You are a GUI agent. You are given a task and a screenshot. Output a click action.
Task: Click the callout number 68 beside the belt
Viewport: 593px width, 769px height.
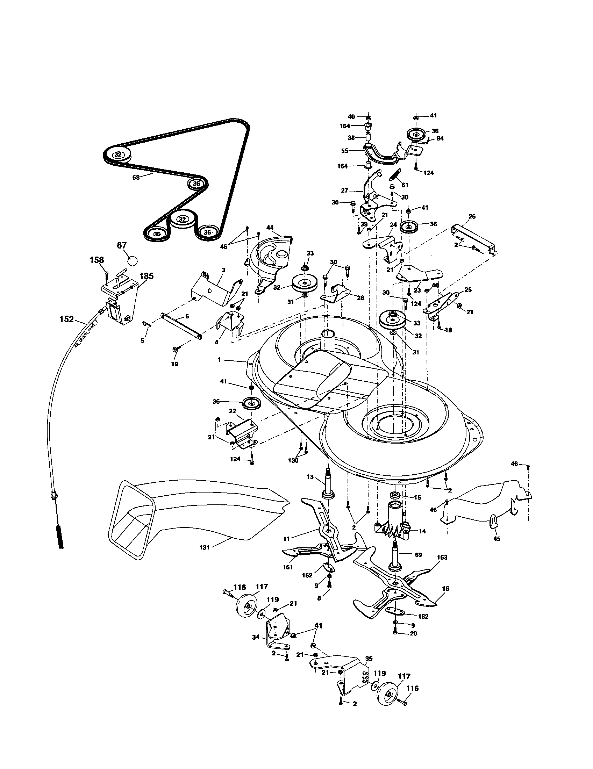click(x=136, y=178)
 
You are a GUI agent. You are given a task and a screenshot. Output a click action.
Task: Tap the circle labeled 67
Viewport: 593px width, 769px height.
click(x=132, y=261)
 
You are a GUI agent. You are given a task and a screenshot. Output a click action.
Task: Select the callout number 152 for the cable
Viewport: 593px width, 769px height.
click(x=66, y=319)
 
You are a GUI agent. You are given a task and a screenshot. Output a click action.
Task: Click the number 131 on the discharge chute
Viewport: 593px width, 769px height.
click(x=204, y=547)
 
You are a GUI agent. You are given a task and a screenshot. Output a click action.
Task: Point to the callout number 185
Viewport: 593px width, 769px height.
click(x=146, y=276)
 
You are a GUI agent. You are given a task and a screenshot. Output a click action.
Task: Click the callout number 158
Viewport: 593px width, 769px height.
click(x=97, y=260)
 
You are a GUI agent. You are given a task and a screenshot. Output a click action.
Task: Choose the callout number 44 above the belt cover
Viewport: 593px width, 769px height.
click(x=270, y=228)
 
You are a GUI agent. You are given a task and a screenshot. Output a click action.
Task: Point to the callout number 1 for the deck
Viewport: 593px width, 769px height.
click(x=219, y=360)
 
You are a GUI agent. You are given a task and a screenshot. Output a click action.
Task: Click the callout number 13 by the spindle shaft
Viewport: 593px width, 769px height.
click(x=310, y=477)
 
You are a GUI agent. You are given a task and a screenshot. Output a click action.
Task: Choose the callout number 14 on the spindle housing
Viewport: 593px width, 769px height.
click(x=422, y=531)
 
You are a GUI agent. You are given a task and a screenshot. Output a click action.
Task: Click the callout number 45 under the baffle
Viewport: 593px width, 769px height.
click(x=497, y=539)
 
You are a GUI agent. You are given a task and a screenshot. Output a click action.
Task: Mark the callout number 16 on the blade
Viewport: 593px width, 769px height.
click(x=446, y=588)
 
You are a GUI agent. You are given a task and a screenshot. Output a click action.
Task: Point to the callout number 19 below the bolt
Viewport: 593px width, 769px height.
click(x=175, y=364)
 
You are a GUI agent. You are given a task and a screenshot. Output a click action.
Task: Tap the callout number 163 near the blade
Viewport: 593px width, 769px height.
click(x=442, y=558)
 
